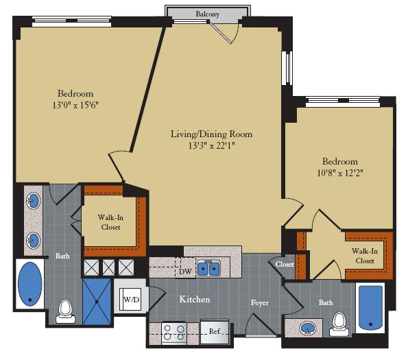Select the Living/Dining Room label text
pyautogui.click(x=211, y=134)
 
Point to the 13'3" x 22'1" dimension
pyautogui.click(x=211, y=145)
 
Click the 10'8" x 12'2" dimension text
pyautogui.click(x=340, y=173)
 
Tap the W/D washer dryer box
pyautogui.click(x=132, y=299)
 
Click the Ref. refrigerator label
pyautogui.click(x=215, y=332)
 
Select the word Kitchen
pyautogui.click(x=195, y=300)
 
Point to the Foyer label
pyautogui.click(x=259, y=302)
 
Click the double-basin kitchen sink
pyautogui.click(x=208, y=268)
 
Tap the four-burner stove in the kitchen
pyautogui.click(x=173, y=333)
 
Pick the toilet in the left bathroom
pyautogui.click(x=66, y=310)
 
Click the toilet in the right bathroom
pyautogui.click(x=339, y=324)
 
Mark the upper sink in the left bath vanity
pyautogui.click(x=34, y=202)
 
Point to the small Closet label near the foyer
pyautogui.click(x=285, y=264)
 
